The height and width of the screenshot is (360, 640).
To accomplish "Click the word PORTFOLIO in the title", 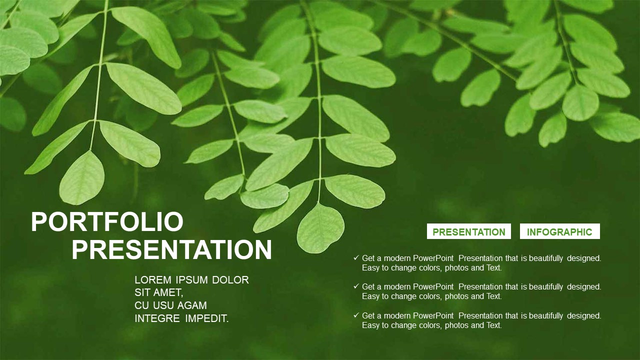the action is pos(107,222).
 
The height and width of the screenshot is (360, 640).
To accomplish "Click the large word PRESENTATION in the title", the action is pos(171,250).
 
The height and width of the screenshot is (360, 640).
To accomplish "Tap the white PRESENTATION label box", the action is pos(469,231).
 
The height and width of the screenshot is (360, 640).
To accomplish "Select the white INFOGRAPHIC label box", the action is pos(559,231).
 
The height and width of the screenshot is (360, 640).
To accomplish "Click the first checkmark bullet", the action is pos(356,257).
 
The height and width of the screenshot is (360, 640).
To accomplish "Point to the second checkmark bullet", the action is pos(356,286).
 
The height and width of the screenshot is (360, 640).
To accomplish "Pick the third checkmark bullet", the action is pos(356,315).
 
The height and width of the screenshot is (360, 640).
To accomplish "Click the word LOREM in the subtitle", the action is pos(153,280).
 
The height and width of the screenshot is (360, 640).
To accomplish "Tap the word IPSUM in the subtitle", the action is pos(191,280).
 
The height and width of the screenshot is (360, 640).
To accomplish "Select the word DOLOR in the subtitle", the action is pos(230,280).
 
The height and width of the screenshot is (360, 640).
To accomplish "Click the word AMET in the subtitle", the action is pos(168,293).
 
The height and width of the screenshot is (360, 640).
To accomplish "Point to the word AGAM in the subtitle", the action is pos(192,305).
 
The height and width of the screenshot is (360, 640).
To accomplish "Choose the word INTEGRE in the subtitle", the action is pos(157,318).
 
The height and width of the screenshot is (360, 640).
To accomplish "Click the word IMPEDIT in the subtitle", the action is pos(207,318).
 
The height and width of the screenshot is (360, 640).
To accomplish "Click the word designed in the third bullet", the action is pos(584,315).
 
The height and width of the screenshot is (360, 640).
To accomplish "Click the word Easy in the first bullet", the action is pos(370,268).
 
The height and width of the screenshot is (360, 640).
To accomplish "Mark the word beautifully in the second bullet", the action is pos(545,287).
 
